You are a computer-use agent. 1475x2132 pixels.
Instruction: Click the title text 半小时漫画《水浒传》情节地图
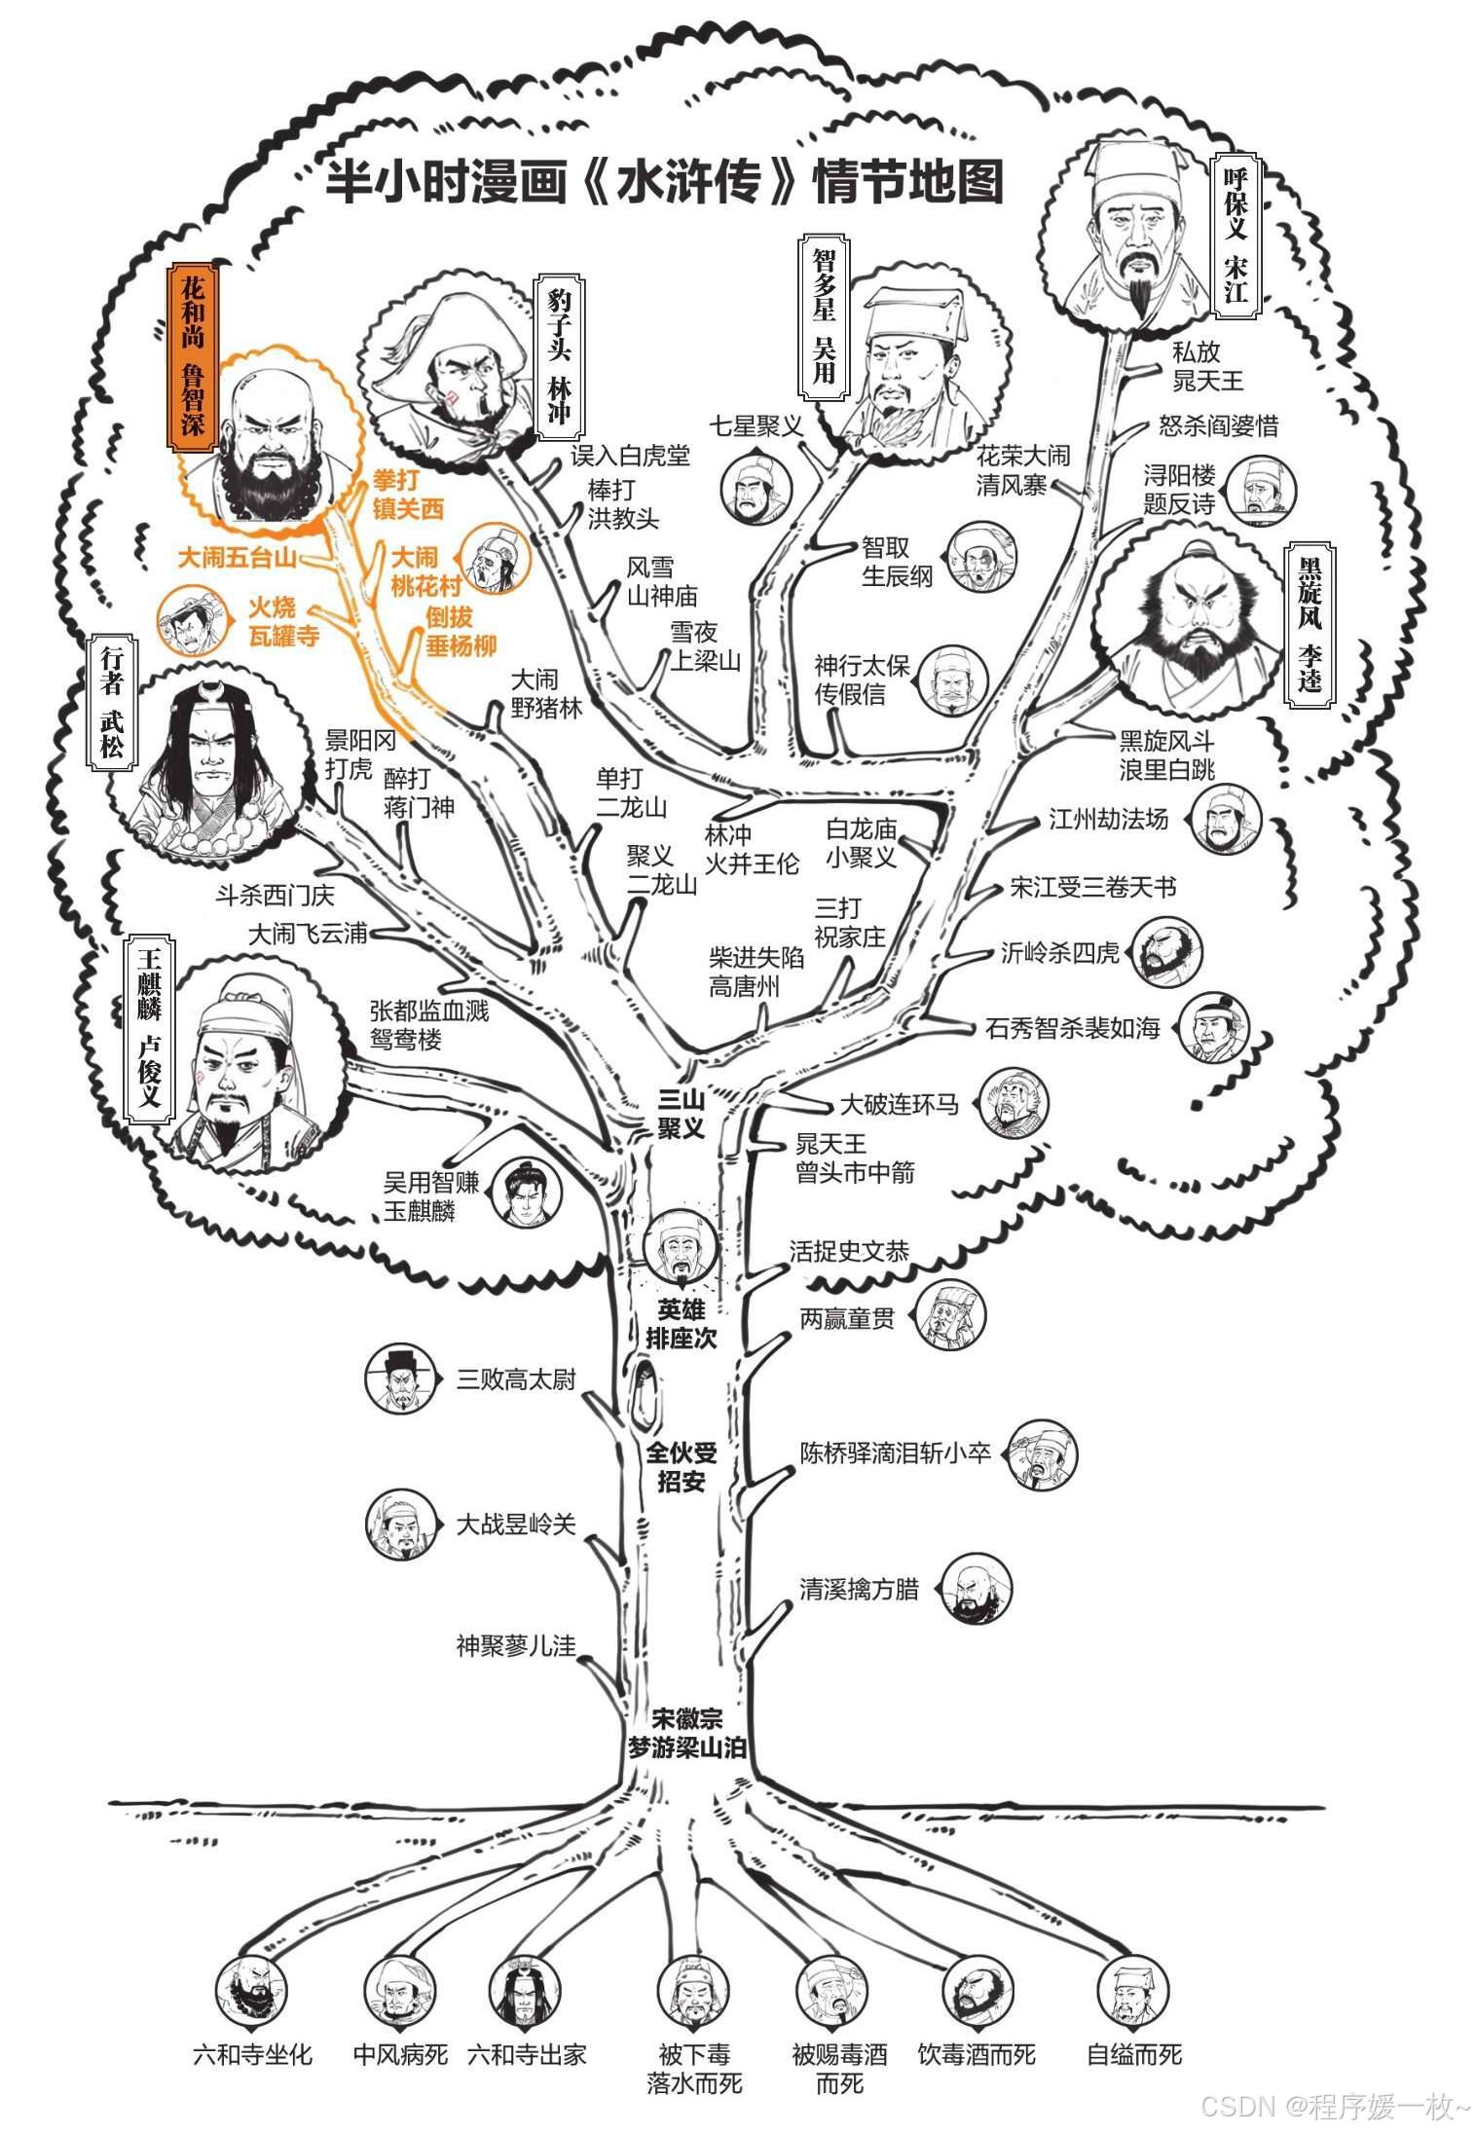point(664,182)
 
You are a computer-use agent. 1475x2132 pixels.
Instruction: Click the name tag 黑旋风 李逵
point(1310,622)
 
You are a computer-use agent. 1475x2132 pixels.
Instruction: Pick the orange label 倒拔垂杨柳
point(461,631)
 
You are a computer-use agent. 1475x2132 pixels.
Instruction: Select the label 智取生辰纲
point(897,562)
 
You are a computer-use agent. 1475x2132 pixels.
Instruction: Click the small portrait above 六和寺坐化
point(251,1986)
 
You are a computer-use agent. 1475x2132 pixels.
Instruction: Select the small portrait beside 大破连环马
point(1014,1104)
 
